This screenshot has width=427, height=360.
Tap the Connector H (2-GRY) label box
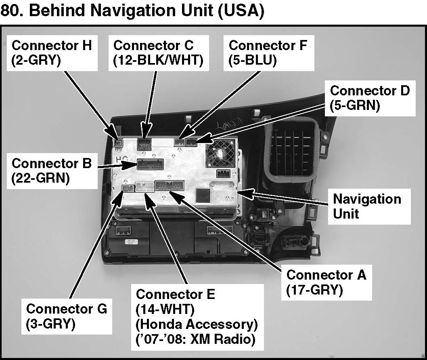pos(52,53)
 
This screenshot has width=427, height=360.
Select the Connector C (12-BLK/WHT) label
pos(158,53)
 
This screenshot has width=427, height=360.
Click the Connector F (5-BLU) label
pos(268,53)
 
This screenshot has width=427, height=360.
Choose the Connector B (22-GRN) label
pos(52,171)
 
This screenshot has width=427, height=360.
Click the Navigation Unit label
pos(367,206)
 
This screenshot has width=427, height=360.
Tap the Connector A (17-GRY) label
pos(326,282)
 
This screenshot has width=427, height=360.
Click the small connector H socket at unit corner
pos(118,142)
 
